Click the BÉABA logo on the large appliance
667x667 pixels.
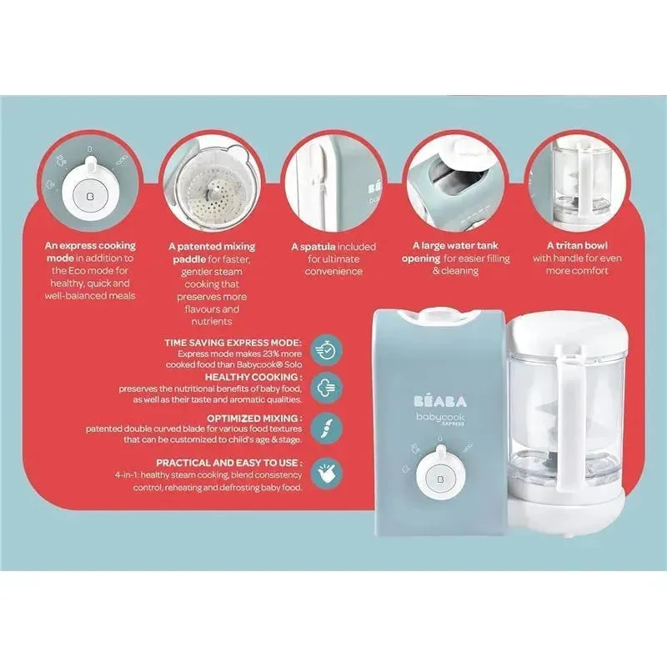(x=440, y=401)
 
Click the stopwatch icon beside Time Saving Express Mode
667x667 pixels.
(x=326, y=350)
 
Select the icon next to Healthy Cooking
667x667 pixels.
(x=326, y=388)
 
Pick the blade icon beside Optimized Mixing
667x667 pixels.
(x=326, y=428)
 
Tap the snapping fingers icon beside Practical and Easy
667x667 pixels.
(x=326, y=474)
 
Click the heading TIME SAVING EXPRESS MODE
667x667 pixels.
(x=233, y=343)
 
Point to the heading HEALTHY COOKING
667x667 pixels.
(x=254, y=378)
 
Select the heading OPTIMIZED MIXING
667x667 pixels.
(x=255, y=419)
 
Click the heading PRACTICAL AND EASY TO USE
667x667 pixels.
(x=230, y=463)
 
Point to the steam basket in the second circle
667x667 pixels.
(x=213, y=196)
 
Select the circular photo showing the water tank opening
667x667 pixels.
(x=454, y=181)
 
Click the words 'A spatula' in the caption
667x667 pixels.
(x=313, y=247)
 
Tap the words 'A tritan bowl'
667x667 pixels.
(x=577, y=245)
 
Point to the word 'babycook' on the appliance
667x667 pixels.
(x=440, y=418)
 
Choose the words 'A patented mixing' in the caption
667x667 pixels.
(x=212, y=246)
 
